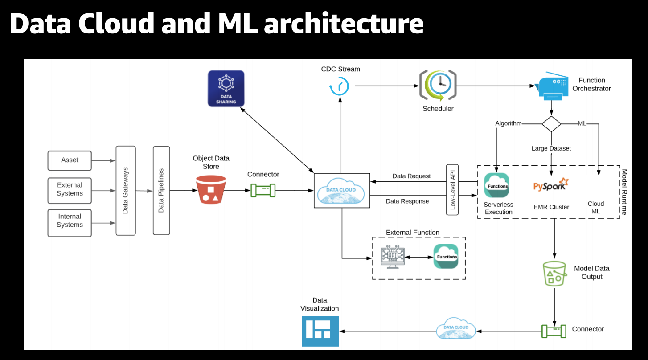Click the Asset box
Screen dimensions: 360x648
pyautogui.click(x=70, y=160)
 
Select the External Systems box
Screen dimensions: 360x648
pyautogui.click(x=70, y=189)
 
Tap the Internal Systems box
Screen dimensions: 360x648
pyautogui.click(x=70, y=221)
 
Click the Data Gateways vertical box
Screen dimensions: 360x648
pyautogui.click(x=126, y=190)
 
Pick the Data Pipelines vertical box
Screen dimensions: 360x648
pyautogui.click(x=161, y=190)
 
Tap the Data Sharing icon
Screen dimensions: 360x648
pyautogui.click(x=226, y=88)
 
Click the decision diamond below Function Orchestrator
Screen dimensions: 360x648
pyautogui.click(x=551, y=123)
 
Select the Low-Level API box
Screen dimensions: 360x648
pyautogui.click(x=452, y=189)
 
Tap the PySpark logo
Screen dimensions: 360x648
pyautogui.click(x=551, y=185)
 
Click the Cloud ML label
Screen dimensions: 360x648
pyautogui.click(x=596, y=207)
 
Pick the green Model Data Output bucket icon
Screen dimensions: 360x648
pyautogui.click(x=554, y=273)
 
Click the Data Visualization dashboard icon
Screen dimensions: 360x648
pyautogui.click(x=320, y=331)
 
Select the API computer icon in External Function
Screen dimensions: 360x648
pyautogui.click(x=392, y=257)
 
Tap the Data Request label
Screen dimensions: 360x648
pyautogui.click(x=411, y=176)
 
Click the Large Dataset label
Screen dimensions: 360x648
pyautogui.click(x=551, y=148)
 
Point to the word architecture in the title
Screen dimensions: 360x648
pyautogui.click(x=344, y=24)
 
